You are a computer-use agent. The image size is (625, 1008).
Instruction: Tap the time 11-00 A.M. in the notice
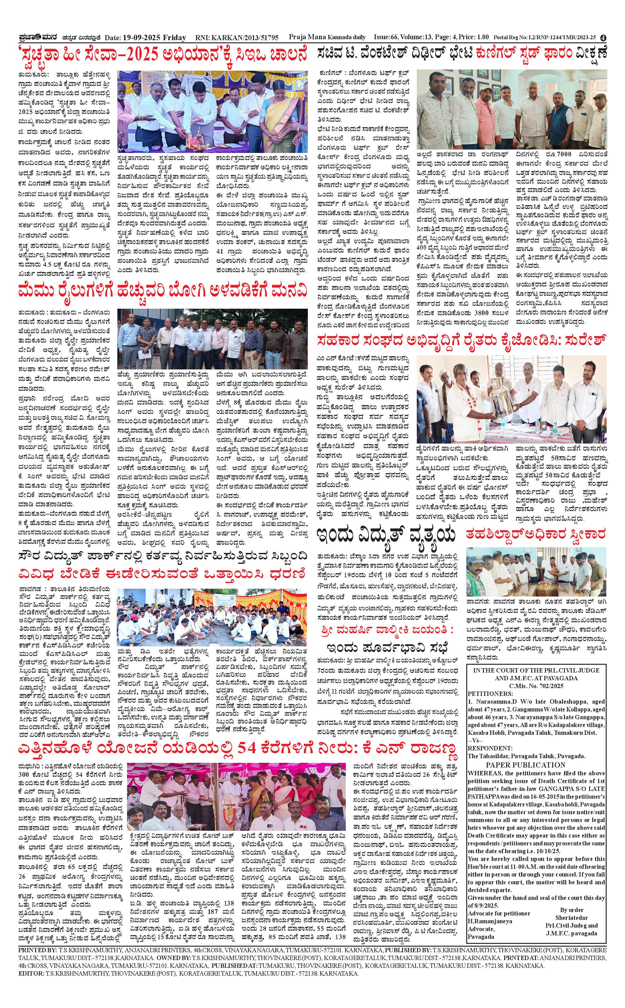(x=532, y=855)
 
